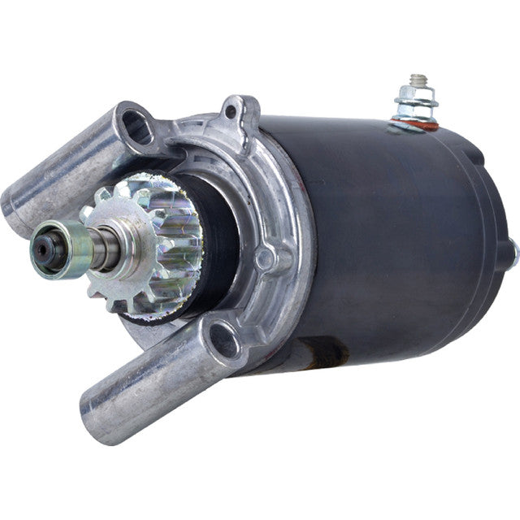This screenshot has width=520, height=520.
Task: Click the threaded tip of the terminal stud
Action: [x=418, y=80]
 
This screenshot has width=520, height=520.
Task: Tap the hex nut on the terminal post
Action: [x=417, y=104]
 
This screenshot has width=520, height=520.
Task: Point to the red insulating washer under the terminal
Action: [x=414, y=123]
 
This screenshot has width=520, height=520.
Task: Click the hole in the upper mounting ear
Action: [x=136, y=123]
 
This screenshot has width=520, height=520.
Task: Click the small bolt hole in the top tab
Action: [x=230, y=110]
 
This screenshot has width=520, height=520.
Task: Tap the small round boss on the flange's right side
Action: [x=265, y=259]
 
